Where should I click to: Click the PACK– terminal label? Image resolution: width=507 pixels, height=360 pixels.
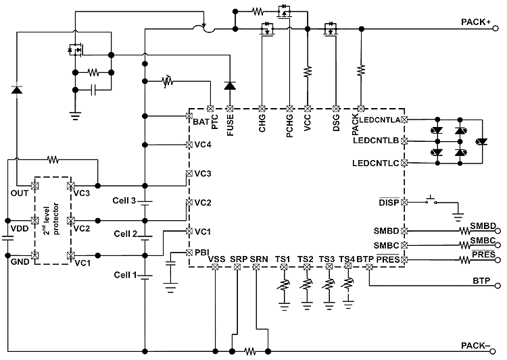(476, 345)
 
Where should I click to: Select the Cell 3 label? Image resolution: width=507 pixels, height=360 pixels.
(125, 201)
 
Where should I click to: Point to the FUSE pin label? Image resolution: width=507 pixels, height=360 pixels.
(231, 126)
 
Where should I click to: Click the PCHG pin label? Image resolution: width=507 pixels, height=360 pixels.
(289, 124)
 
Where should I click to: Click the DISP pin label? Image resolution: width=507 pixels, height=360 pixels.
(389, 201)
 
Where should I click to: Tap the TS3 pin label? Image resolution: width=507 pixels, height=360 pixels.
(327, 259)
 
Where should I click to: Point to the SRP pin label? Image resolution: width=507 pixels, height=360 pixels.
(238, 259)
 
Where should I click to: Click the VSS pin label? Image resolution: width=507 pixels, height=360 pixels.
(216, 259)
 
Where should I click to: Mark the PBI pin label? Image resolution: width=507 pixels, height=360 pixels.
(201, 253)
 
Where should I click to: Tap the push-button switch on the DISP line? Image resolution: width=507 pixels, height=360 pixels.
(429, 201)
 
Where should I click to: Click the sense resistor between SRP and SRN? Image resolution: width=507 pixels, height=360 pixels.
(251, 351)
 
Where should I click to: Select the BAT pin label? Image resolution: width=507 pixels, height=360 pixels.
(200, 122)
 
